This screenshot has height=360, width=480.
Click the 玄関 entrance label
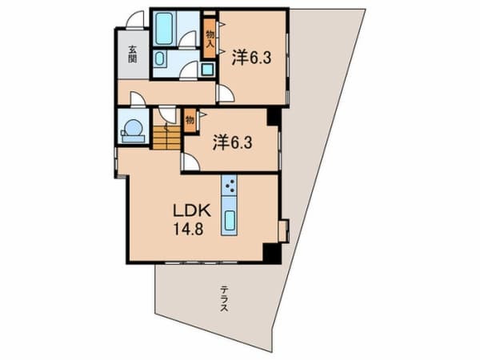(x=132, y=54)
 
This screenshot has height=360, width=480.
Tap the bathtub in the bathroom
(x=163, y=28)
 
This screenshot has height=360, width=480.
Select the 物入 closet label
(x=210, y=38)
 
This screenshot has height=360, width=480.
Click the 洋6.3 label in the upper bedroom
(x=251, y=58)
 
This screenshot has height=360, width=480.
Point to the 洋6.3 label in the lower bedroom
(x=233, y=142)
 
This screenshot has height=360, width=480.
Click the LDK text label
(x=192, y=210)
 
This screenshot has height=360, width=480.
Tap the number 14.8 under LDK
(x=189, y=228)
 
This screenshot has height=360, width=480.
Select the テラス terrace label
(x=224, y=298)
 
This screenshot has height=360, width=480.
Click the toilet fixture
(x=132, y=130)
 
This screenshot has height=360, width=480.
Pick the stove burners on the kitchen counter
(x=230, y=186)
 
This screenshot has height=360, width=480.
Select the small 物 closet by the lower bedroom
(x=190, y=121)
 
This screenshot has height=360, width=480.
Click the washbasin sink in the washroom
(x=159, y=58)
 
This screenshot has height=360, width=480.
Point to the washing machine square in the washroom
(x=208, y=70)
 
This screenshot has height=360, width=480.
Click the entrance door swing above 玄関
(x=135, y=19)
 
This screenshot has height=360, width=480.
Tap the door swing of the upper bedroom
(x=225, y=94)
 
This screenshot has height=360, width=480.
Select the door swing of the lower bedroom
(x=190, y=162)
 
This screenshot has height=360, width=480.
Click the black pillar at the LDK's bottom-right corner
(x=272, y=253)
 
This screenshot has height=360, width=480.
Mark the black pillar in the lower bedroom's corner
(x=274, y=117)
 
